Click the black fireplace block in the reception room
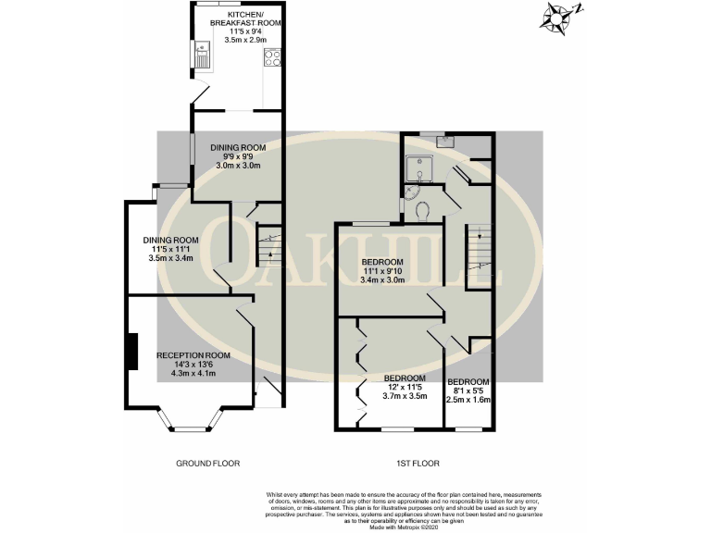(x=132, y=351)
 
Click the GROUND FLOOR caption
(x=207, y=463)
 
